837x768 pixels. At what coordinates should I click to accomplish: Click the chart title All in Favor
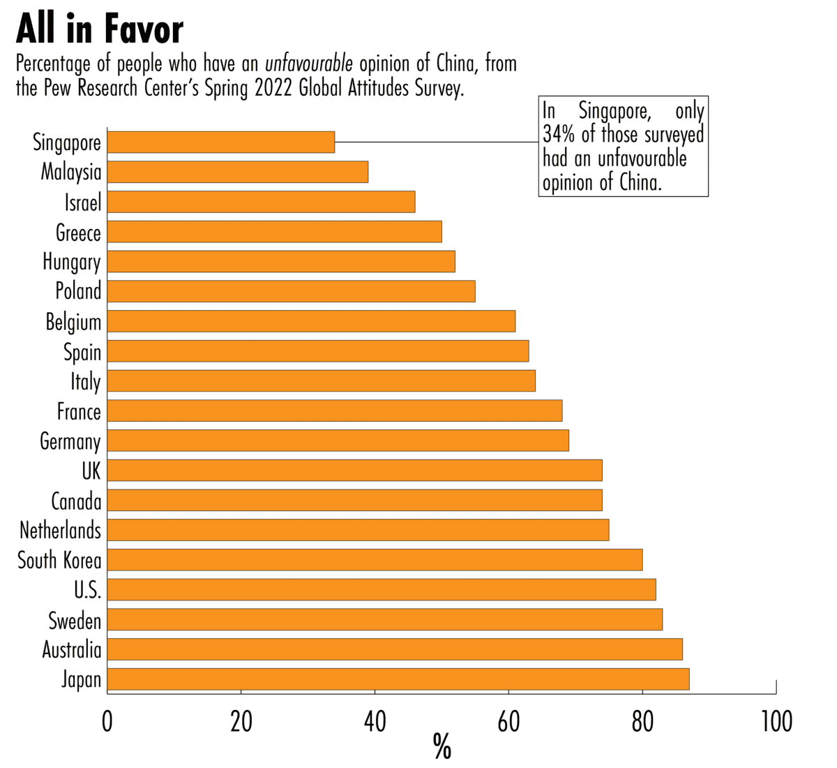coord(100,29)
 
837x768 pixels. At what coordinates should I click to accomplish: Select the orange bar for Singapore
coord(221,142)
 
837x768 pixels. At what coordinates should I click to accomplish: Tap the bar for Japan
coord(398,679)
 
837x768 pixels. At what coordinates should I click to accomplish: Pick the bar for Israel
coord(262,202)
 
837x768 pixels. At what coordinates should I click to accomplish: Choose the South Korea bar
coord(375,560)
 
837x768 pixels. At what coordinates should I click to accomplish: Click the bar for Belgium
coord(311,321)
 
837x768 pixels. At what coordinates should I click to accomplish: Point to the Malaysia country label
coord(71,172)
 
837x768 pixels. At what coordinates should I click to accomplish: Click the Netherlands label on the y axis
coord(61,531)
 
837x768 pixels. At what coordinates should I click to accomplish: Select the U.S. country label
coord(88,591)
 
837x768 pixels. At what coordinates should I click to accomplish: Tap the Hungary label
coord(72,262)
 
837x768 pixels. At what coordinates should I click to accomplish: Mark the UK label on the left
coord(91,471)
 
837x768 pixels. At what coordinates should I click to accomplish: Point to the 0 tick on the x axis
coord(107,722)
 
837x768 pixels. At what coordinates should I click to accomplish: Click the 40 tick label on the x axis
coord(375,722)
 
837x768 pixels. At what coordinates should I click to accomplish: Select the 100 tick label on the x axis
coord(775,722)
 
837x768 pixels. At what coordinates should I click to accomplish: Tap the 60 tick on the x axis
coord(508,722)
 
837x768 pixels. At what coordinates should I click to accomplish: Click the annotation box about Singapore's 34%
coord(624,147)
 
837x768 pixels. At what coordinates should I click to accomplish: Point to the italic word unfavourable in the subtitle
coord(309,64)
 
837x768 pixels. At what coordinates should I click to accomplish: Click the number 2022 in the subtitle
coord(273,89)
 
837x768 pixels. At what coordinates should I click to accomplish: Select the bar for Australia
coord(395,649)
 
